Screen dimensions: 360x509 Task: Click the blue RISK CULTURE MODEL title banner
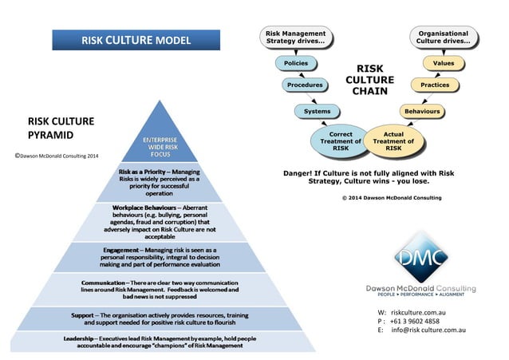click(x=136, y=40)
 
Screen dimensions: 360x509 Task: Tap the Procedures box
click(x=305, y=85)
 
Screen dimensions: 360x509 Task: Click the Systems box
click(x=317, y=112)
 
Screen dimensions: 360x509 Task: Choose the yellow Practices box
click(x=434, y=85)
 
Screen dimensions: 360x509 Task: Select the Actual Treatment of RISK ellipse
click(x=393, y=142)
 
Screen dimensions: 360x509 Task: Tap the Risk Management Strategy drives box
click(x=294, y=37)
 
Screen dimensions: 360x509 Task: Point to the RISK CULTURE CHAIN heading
click(x=369, y=80)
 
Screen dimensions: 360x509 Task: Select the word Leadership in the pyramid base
click(x=82, y=341)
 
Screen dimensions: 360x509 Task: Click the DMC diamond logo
click(x=420, y=255)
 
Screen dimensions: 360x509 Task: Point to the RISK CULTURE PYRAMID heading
click(x=61, y=129)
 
